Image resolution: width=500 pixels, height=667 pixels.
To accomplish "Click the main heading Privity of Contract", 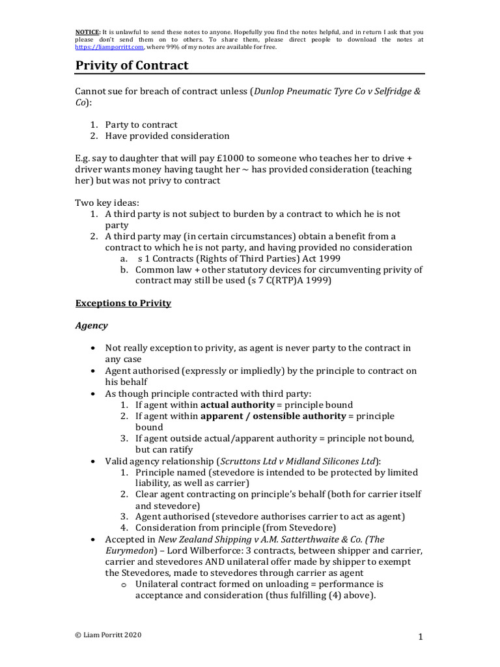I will tap(132, 65).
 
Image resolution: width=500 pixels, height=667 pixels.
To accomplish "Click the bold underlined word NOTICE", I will tap(88, 31).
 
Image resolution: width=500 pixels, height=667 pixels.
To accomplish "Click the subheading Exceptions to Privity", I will tap(123, 303).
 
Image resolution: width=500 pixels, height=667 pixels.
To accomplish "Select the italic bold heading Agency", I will tap(92, 325).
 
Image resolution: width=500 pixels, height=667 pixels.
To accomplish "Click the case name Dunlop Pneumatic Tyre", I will tap(306, 91).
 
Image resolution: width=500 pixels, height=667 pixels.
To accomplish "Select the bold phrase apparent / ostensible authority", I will tap(273, 416).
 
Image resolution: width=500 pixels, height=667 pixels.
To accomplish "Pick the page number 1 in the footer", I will tap(422, 637).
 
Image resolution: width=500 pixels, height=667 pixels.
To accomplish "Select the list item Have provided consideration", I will tap(167, 135).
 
